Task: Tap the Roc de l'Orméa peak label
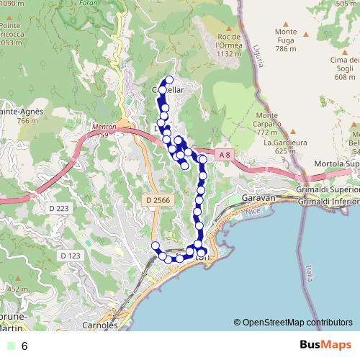pos(228,45)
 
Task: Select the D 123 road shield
pos(71,256)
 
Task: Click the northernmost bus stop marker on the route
pos(170,80)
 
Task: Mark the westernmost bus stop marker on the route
pos(155,246)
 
